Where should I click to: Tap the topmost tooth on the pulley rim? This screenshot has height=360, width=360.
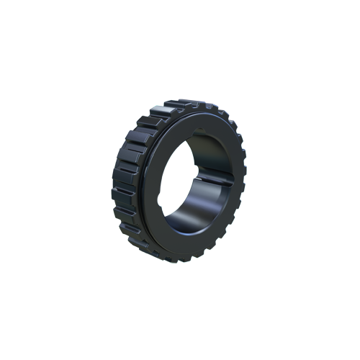click(189, 105)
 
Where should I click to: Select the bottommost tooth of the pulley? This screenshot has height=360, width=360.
click(180, 257)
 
